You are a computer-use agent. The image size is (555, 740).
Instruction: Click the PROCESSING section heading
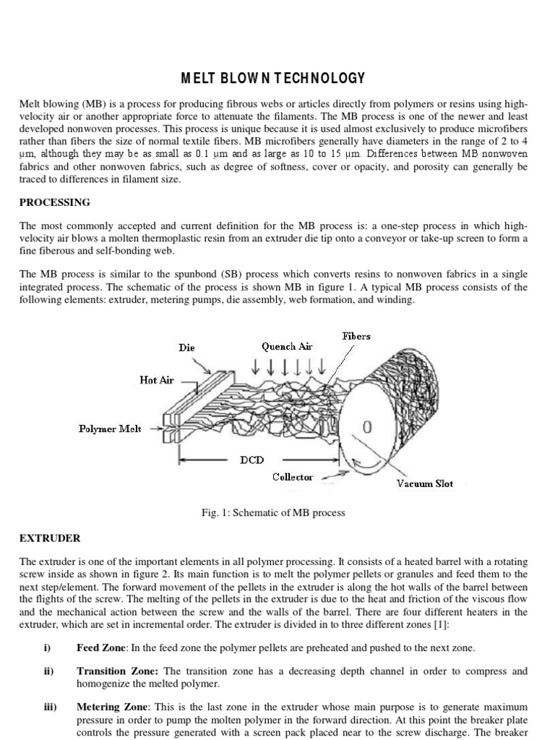[56, 202]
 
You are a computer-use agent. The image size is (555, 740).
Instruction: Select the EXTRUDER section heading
[51, 538]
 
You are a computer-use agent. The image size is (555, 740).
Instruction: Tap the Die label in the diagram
[186, 348]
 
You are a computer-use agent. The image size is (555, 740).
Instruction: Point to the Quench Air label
[287, 346]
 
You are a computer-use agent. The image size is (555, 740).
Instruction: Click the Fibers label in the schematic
[356, 336]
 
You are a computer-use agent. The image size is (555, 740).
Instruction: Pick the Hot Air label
[157, 380]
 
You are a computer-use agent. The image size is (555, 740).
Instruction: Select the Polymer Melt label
[110, 429]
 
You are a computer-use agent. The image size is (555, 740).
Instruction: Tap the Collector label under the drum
[293, 477]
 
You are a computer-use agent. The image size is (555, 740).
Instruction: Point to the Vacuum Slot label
[425, 483]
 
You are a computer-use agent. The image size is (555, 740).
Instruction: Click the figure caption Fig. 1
[274, 512]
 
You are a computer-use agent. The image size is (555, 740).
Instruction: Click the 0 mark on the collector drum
[366, 428]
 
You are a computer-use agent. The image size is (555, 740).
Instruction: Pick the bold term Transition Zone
[116, 671]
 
